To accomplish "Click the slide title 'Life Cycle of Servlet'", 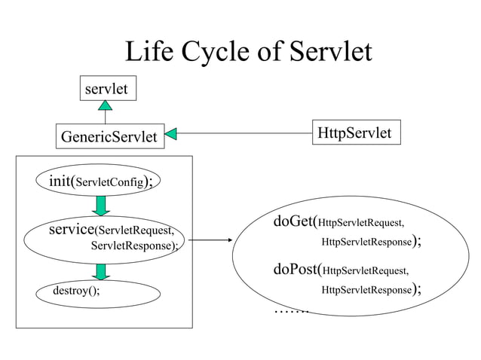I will click(248, 52).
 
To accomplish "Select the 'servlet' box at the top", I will click(106, 90).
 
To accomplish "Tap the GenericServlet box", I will click(109, 137).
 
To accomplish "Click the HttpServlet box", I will click(354, 133).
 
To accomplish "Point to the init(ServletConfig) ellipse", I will click(100, 182).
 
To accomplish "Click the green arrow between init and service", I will click(101, 206).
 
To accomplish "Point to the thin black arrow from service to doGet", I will click(207, 241).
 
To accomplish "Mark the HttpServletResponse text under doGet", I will click(366, 243).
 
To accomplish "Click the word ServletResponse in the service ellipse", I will click(133, 246).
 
